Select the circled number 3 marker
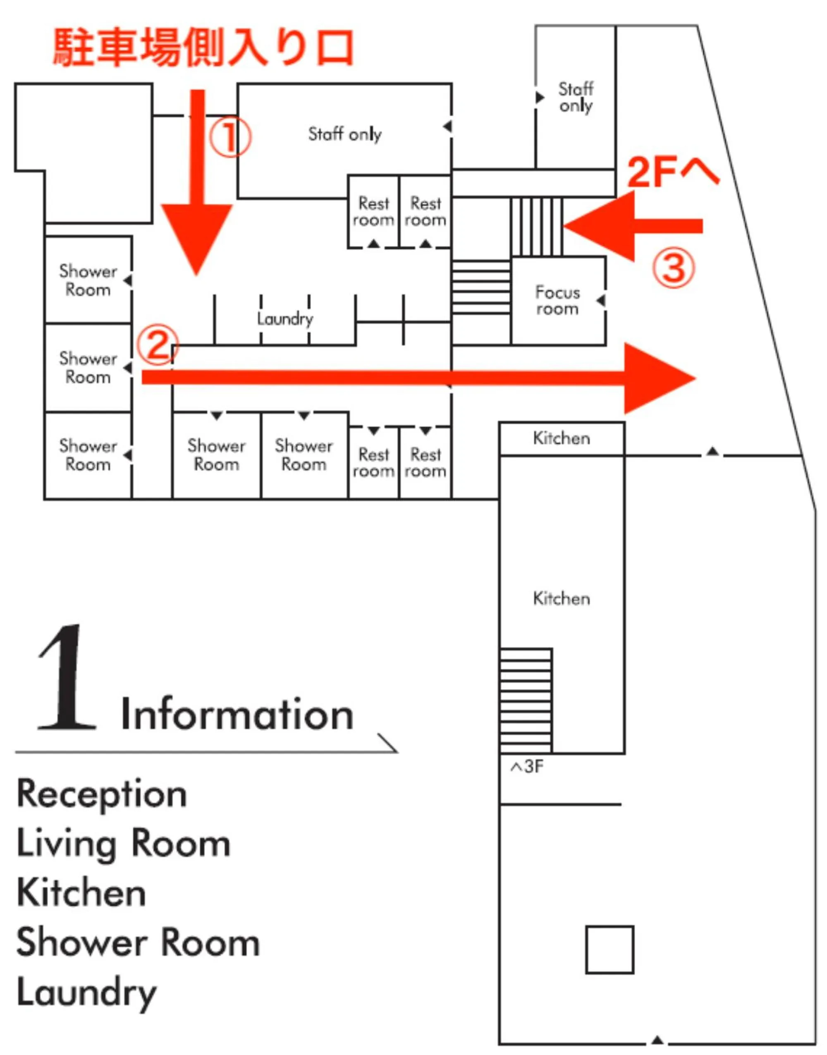click(673, 267)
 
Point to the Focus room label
click(557, 301)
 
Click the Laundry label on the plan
click(285, 318)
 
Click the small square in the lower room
click(609, 950)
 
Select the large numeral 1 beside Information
click(68, 678)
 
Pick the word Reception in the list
click(102, 794)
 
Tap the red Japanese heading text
click(203, 48)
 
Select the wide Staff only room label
click(345, 134)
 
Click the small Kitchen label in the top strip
click(562, 438)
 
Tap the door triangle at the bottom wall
click(657, 1040)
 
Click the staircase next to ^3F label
click(525, 700)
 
